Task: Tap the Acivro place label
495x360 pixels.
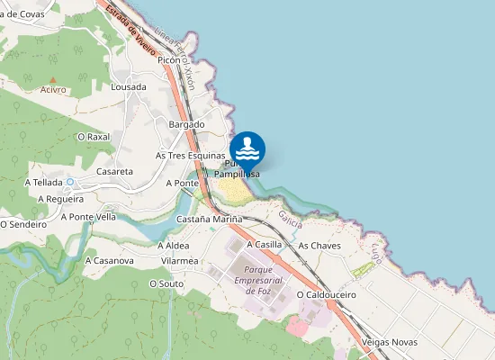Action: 54,90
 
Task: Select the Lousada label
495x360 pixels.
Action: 128,87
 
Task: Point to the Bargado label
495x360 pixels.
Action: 187,124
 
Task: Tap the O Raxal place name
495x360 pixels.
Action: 94,137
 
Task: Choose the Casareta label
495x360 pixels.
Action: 114,170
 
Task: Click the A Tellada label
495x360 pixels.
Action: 43,182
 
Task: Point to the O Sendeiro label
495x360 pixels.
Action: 22,223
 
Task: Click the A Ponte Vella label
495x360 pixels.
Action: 88,216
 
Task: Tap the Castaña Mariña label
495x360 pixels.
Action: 210,219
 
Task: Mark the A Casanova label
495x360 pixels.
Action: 109,260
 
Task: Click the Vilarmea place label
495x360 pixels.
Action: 179,260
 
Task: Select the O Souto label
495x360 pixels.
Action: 166,283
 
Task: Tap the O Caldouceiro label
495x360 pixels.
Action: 327,294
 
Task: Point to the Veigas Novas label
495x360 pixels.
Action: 389,342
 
